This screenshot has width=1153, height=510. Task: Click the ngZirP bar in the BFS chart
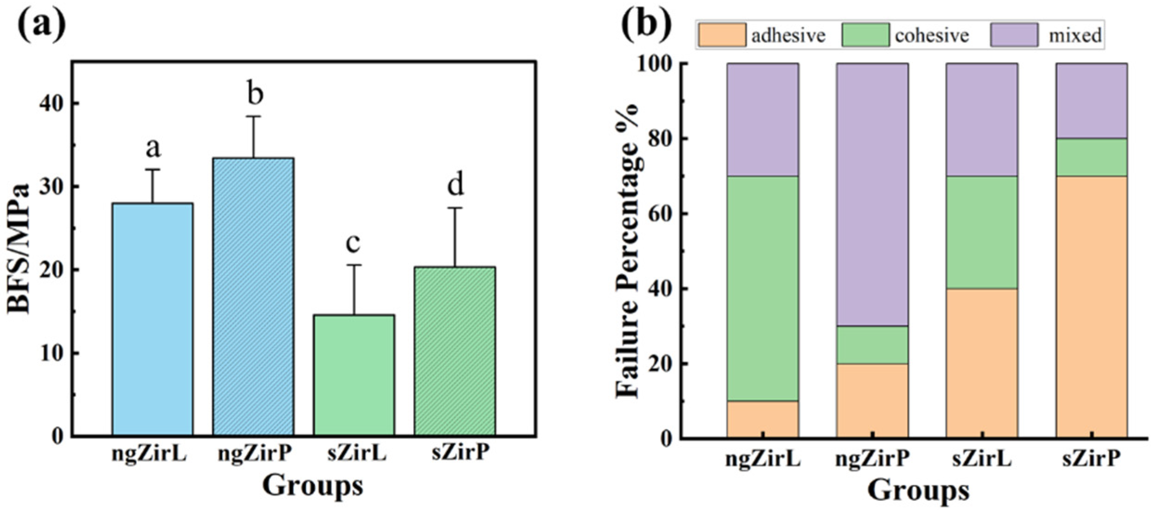253,297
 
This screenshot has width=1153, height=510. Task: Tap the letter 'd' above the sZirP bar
455,185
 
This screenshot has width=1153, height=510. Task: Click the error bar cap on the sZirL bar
354,265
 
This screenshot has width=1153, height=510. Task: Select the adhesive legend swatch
721,35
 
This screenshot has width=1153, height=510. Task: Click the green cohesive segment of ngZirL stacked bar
763,288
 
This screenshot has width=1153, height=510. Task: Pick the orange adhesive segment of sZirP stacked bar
1091,306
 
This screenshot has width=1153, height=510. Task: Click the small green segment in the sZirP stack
1091,157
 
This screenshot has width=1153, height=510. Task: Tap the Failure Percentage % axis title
628,251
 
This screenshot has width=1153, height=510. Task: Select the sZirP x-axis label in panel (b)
1091,460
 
